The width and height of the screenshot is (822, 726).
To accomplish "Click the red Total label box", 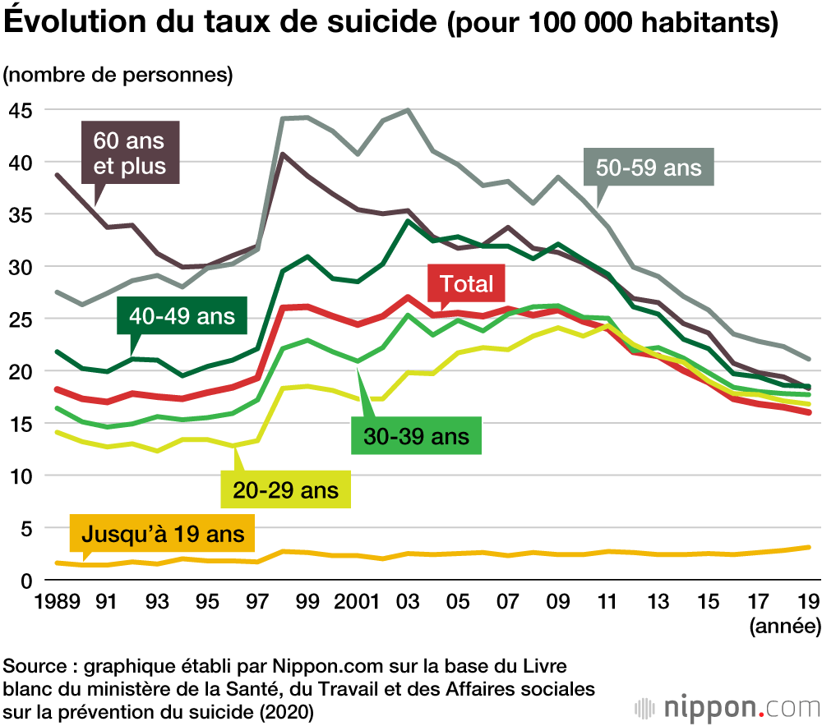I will point(466,284).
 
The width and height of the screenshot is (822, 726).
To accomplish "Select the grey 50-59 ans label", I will point(649,168).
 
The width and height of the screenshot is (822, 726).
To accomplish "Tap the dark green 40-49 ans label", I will point(182,316).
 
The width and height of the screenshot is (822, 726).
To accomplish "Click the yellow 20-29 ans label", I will point(286,491).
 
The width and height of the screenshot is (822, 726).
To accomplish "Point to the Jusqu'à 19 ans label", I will point(163,535).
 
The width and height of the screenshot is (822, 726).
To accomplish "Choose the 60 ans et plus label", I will point(129,153).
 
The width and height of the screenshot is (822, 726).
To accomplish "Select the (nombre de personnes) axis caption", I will point(118,75).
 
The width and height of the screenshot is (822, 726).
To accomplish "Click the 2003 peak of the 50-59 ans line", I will point(408,110).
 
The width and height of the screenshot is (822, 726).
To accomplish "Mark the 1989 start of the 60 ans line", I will point(57,175).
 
